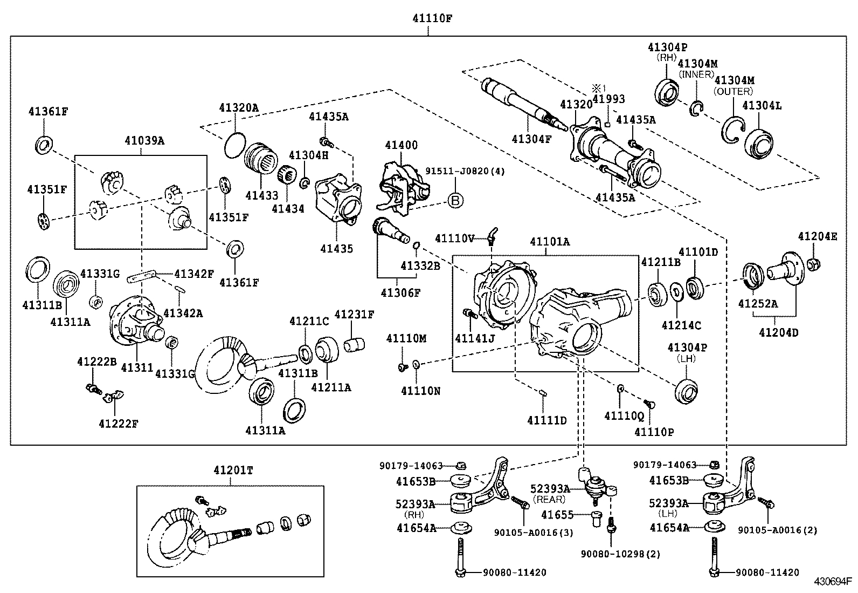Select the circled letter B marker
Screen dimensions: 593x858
(455, 201)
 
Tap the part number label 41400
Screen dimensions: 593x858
(401, 145)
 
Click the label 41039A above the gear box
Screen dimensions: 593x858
(144, 141)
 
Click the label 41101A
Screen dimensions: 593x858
(549, 241)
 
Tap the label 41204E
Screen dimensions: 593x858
(818, 236)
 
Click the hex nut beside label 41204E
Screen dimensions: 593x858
(814, 264)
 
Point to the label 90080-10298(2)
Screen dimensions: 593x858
(620, 554)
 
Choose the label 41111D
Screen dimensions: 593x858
(546, 420)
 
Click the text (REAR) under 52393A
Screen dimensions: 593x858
(550, 500)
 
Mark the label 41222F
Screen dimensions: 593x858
(118, 424)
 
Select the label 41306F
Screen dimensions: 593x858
(400, 292)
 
